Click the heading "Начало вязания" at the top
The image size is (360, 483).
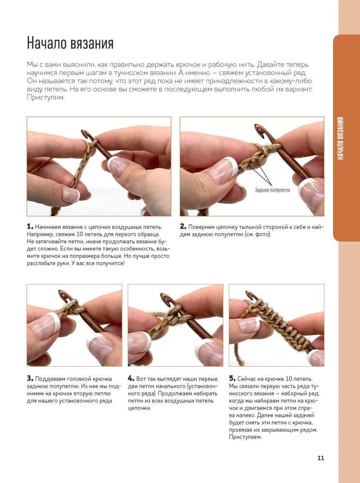pos(70,43)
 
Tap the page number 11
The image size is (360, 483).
pos(320,458)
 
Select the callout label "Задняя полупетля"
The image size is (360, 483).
pos(273,190)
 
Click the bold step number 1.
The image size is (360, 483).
pos(29,227)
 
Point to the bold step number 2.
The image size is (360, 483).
pos(183,227)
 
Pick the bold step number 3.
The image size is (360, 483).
pos(29,378)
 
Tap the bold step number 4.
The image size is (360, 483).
pos(131,378)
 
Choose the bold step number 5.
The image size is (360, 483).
pos(232,378)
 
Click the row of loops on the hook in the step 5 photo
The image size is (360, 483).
pos(280,324)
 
